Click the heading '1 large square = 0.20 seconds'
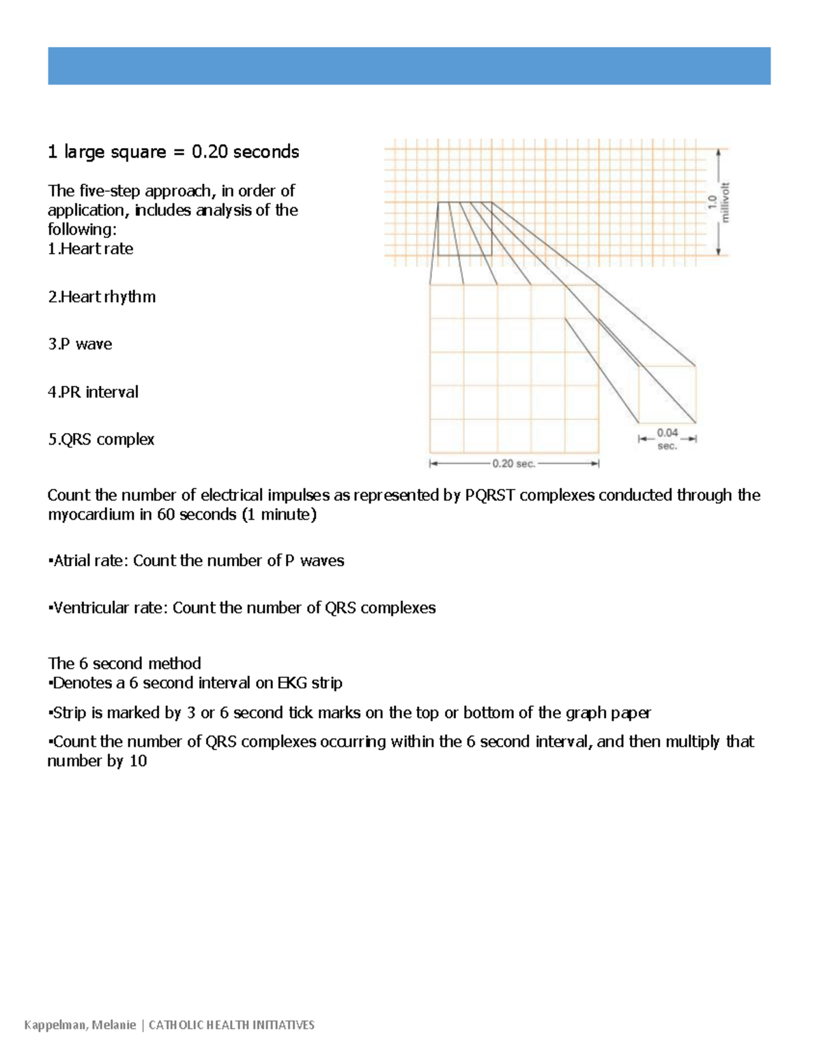[x=173, y=151]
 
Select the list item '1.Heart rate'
[x=90, y=249]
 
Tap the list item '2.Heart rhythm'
[x=102, y=297]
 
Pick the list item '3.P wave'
[x=80, y=344]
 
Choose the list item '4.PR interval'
[x=93, y=392]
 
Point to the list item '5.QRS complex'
[x=101, y=439]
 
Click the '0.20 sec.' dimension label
[x=514, y=464]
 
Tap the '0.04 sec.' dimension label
[x=667, y=439]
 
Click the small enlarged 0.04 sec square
[x=667, y=394]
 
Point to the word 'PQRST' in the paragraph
[x=489, y=495]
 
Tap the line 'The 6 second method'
[x=124, y=663]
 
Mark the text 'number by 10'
[x=97, y=761]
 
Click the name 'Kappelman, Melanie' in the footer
[x=80, y=1025]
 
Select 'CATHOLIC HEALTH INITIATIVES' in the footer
[x=231, y=1025]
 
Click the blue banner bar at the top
[x=409, y=66]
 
